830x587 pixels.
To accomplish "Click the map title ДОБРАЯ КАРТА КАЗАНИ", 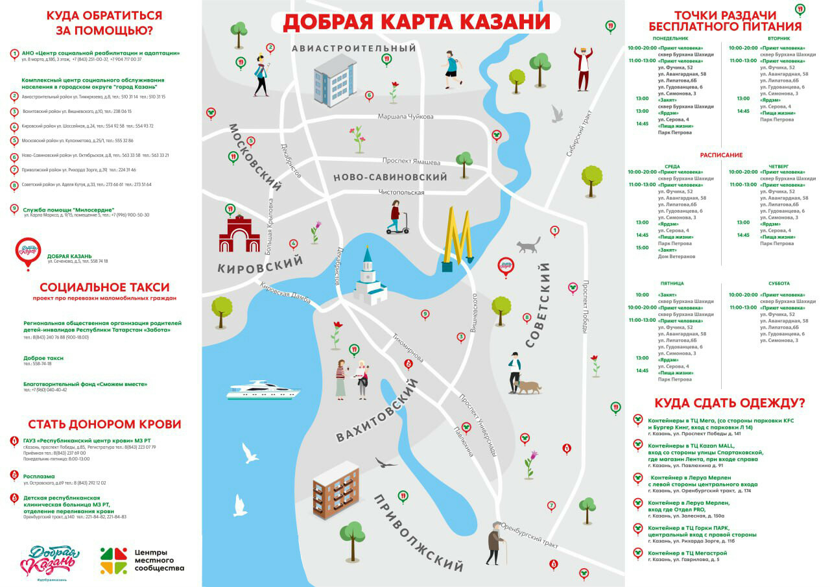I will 416,21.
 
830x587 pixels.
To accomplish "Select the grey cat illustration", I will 528,245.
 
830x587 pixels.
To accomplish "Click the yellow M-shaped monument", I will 459,239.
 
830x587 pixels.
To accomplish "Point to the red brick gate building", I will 239,234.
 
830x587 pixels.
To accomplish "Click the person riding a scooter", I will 396,217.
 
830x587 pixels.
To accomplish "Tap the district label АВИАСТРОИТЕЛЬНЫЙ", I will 353,49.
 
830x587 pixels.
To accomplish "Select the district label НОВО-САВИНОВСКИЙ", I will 390,177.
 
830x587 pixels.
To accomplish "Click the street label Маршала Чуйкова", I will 405,117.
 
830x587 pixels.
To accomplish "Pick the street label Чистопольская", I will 401,192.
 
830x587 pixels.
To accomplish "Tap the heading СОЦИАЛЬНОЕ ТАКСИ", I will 104,287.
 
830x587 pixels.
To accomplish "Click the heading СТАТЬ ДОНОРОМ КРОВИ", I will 104,424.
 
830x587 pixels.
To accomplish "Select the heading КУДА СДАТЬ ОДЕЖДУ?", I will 729,402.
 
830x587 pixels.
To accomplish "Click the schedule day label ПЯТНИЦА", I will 672,283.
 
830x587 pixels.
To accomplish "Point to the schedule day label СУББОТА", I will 778,283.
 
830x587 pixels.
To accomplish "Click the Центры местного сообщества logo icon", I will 113,560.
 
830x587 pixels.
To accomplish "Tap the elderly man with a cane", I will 496,542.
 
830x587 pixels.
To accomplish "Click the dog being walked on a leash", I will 528,387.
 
